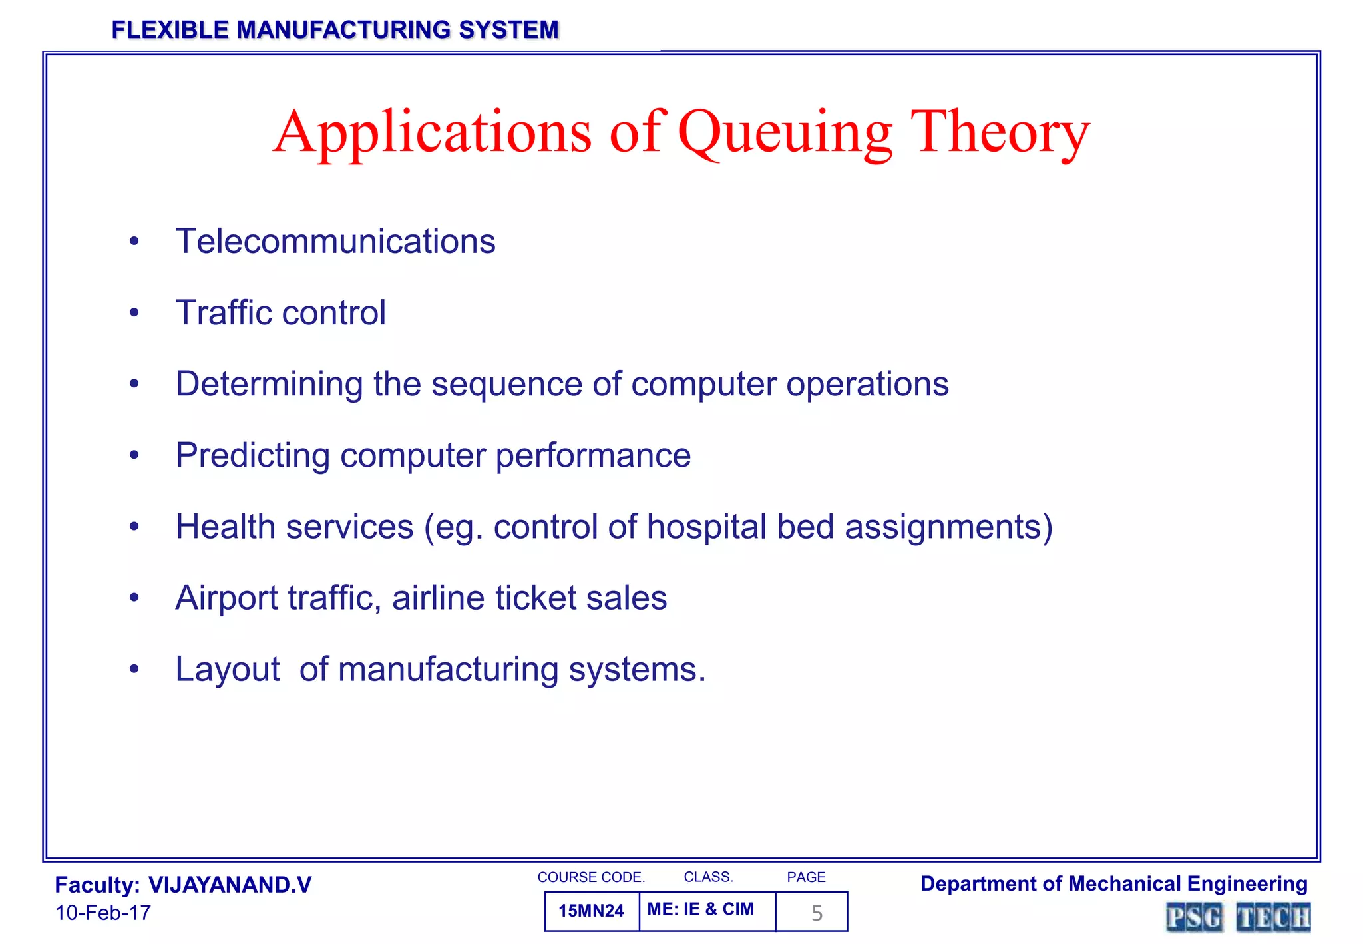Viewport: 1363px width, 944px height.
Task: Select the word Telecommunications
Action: click(x=335, y=241)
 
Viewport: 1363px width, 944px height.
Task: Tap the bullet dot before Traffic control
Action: click(x=134, y=312)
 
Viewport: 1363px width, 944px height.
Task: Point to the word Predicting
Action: click(x=253, y=456)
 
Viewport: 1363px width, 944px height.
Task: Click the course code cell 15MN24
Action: click(x=591, y=911)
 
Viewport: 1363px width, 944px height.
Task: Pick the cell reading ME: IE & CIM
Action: click(x=700, y=909)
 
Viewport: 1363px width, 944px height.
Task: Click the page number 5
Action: click(x=817, y=913)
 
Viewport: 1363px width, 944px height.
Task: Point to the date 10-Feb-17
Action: click(x=103, y=913)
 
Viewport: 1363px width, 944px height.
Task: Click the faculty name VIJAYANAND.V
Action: click(x=230, y=885)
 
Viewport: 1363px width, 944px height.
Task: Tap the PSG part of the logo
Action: click(x=1194, y=917)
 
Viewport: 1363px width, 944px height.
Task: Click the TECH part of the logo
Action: click(x=1272, y=917)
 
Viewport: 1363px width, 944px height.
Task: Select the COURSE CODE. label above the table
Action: click(x=591, y=877)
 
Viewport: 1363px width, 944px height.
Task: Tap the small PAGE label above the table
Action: click(x=806, y=877)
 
